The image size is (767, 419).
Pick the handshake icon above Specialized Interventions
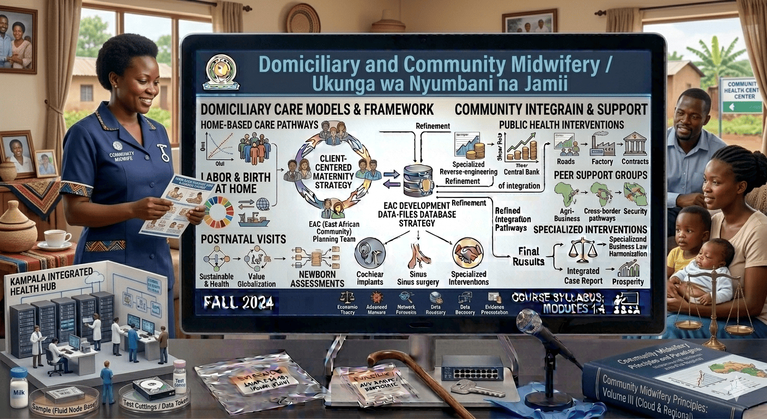click(x=467, y=253)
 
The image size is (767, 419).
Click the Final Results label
click(x=528, y=256)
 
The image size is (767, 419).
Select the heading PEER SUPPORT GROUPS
click(x=600, y=175)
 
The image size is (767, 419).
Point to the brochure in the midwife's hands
click(x=175, y=203)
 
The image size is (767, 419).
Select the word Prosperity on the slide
click(x=628, y=282)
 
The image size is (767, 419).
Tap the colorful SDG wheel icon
click(x=218, y=212)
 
